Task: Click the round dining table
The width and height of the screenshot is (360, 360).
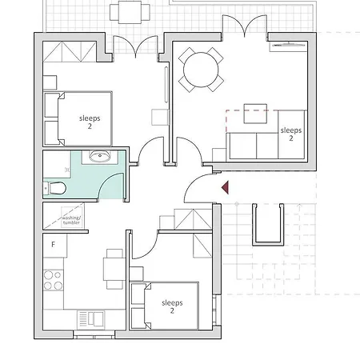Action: coord(201,70)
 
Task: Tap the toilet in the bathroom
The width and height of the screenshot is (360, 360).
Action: coord(54,189)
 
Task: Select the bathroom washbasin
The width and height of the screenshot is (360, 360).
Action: coord(101,156)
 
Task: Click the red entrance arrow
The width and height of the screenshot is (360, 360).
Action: coord(226,187)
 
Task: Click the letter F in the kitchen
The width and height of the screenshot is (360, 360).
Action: coord(54,244)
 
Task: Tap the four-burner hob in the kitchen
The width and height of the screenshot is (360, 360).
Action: coord(53,281)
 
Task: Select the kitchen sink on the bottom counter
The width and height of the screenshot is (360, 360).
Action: coord(90,318)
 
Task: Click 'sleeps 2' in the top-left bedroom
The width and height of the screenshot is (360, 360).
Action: coord(90,121)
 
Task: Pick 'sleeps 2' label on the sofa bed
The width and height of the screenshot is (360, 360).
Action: coord(290,134)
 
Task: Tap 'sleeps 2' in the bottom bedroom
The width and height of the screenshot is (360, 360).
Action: coord(172,307)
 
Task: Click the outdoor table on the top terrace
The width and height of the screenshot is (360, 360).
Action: coord(129,12)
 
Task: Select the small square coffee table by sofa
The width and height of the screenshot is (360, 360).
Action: coord(255,114)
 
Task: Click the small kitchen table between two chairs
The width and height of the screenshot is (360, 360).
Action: coord(114,269)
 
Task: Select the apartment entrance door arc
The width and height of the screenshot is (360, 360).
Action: coord(197,190)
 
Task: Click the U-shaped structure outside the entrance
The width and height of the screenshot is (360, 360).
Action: coord(268,224)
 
